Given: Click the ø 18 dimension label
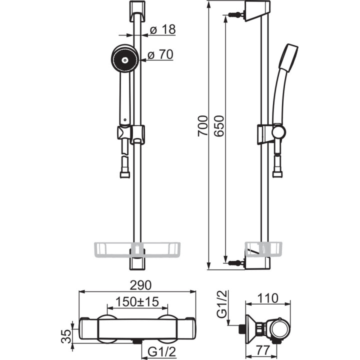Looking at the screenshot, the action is coord(163,29).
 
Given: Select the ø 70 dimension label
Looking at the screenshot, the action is coord(160,54).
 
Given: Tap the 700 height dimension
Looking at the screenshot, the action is coord(202,126).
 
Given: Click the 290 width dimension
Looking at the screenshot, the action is coord(140,285).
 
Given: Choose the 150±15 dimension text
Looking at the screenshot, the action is coord(137,301).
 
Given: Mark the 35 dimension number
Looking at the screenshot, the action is coord(66,336).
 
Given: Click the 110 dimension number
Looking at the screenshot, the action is coord(267,298).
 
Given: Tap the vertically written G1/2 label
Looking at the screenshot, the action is coord(222,304).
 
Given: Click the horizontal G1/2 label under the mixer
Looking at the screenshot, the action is coord(161,351).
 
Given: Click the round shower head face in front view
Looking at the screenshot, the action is coord(125,58).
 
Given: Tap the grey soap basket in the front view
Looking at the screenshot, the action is coord(137,249).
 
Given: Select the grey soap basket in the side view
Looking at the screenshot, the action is coord(263,249).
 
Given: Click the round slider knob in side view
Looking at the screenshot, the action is coord(278,132).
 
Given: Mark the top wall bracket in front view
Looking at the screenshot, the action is coord(137,11).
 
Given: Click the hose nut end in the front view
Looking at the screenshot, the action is coord(125,174).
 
